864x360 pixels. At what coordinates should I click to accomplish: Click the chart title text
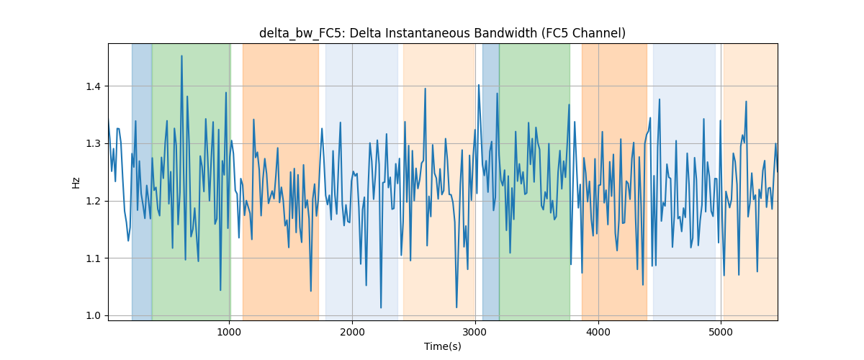click(442, 34)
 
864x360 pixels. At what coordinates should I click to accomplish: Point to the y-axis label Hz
click(76, 182)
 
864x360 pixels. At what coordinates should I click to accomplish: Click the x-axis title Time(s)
click(443, 346)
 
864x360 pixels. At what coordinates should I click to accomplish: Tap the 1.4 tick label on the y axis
click(94, 86)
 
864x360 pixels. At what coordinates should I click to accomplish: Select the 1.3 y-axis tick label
click(94, 144)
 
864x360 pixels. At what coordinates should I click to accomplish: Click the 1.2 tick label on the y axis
click(94, 202)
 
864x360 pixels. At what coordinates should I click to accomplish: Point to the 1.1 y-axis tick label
click(94, 258)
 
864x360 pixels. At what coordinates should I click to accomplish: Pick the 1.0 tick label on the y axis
click(94, 316)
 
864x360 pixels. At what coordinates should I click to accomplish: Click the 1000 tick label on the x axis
click(230, 332)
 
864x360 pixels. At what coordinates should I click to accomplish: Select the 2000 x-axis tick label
click(352, 332)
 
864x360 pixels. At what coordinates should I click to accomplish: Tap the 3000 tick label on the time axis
click(475, 332)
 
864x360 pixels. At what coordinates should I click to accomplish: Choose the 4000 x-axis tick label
click(598, 332)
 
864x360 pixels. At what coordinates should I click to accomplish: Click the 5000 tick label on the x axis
click(721, 332)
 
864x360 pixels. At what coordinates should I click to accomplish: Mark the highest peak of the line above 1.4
click(181, 56)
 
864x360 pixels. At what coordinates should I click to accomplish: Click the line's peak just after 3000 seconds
click(479, 85)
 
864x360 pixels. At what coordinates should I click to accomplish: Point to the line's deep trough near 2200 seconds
click(381, 307)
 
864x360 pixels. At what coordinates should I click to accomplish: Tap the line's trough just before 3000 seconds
click(456, 307)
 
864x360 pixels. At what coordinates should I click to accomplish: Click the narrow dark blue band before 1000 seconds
click(142, 182)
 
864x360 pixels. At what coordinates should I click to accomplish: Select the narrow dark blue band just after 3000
click(491, 182)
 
